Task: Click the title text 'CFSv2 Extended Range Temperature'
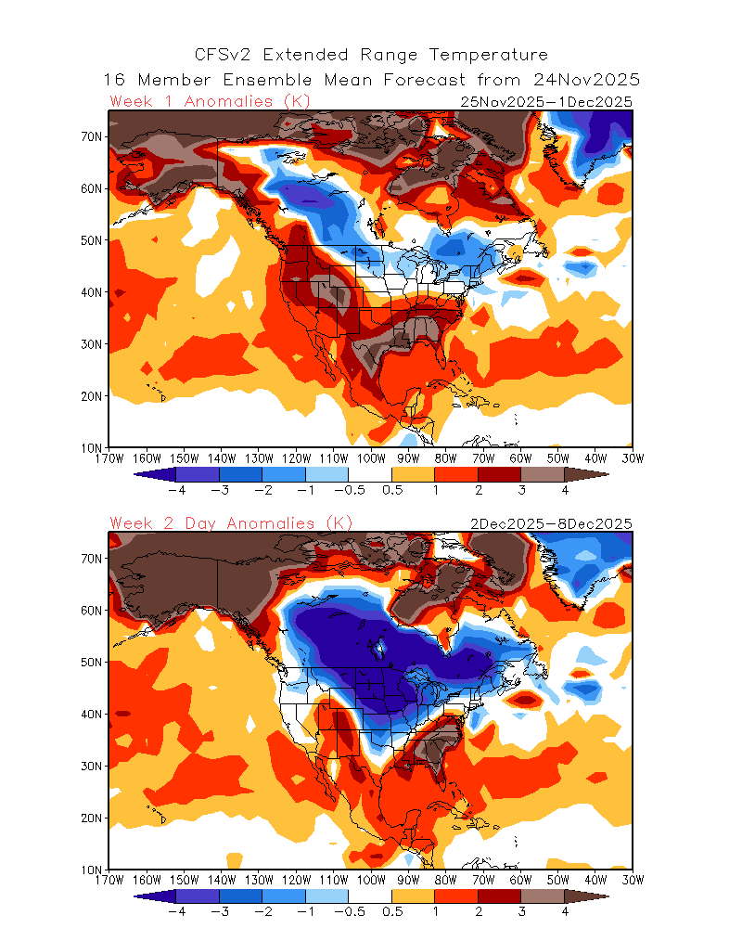[371, 55]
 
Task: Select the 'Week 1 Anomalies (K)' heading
[210, 101]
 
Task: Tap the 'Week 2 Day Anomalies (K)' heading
[231, 523]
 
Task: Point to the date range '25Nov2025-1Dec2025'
[546, 102]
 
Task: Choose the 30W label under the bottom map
[633, 880]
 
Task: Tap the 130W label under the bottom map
[259, 880]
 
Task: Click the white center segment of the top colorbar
[371, 474]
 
